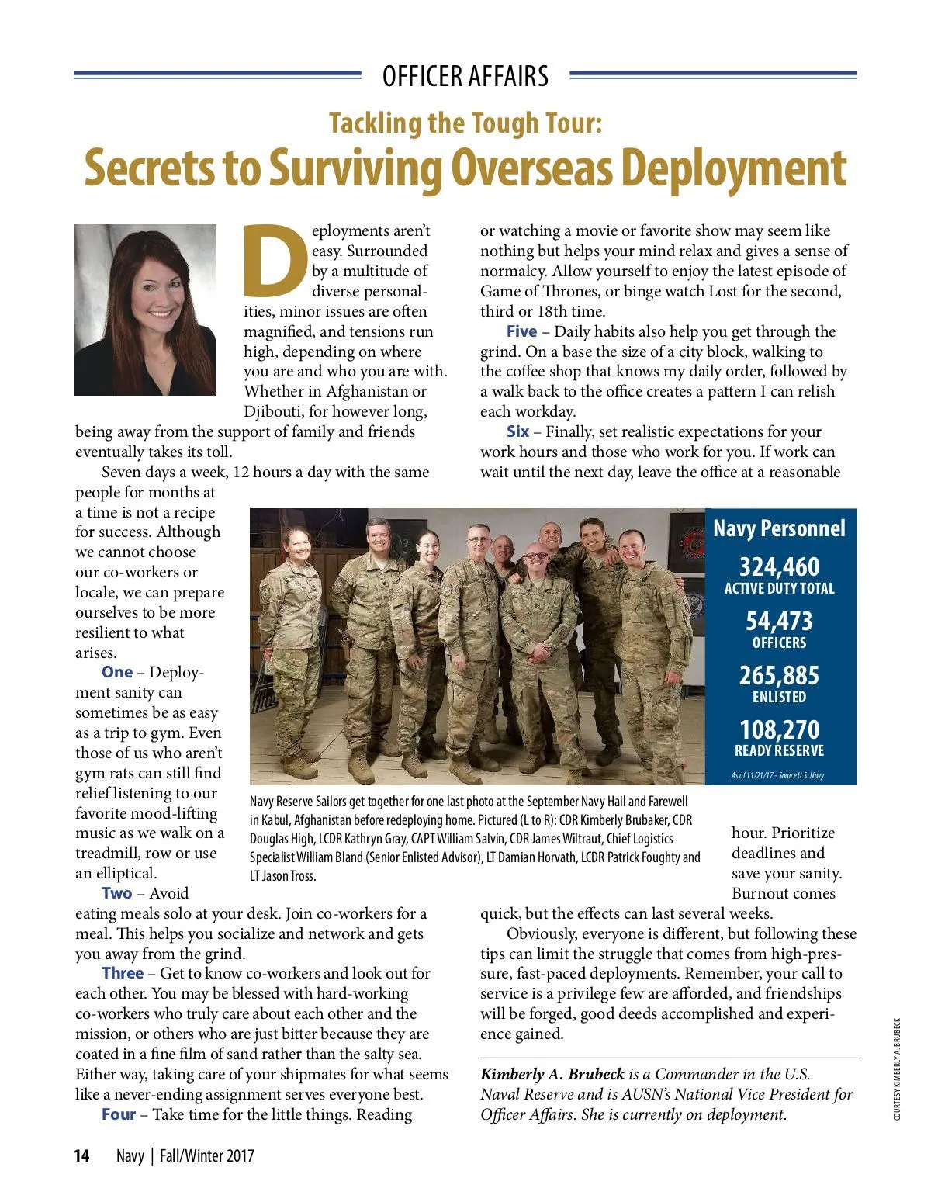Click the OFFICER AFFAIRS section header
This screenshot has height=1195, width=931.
tap(465, 76)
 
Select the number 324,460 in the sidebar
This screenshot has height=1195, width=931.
tap(779, 566)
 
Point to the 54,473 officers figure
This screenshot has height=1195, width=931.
tap(779, 622)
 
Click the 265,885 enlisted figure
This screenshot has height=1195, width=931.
tap(779, 675)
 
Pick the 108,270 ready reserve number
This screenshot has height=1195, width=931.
tap(779, 729)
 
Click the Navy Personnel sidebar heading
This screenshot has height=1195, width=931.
tap(779, 528)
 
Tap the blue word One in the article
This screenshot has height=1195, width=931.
tap(117, 673)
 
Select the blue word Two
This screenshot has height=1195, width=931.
tap(117, 894)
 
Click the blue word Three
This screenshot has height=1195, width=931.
tap(123, 974)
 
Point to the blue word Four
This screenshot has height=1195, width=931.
tap(119, 1115)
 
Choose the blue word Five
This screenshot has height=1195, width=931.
tap(521, 332)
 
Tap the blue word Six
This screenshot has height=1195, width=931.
tap(518, 432)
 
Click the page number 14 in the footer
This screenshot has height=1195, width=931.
tap(81, 1156)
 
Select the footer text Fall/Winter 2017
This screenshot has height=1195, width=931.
tap(207, 1156)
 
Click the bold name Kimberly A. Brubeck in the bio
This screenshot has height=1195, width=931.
tap(552, 1075)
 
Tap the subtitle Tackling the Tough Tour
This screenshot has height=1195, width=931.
tap(465, 123)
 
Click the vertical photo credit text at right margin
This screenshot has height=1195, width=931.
tap(897, 1069)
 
